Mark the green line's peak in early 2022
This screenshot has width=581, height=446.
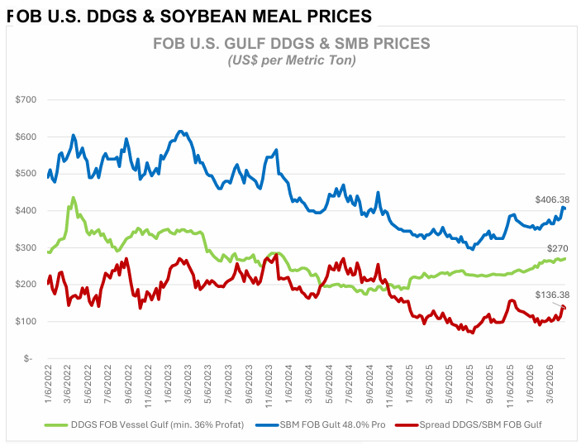74,198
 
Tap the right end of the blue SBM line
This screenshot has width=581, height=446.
564,209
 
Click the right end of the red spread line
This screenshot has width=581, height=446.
564,308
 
